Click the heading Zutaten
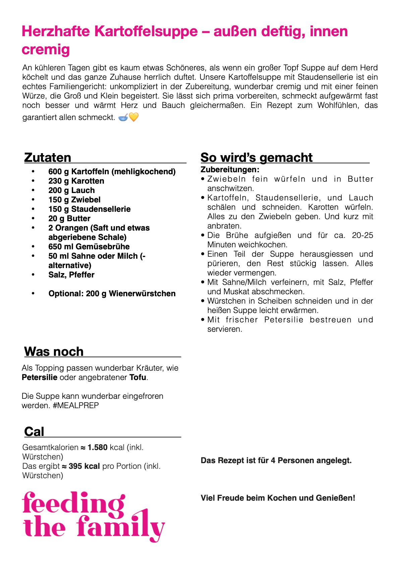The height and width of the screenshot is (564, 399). [x=48, y=158]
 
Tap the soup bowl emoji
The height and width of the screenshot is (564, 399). [x=123, y=117]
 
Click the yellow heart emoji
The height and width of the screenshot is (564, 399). [x=134, y=117]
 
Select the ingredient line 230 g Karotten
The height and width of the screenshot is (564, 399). [x=76, y=181]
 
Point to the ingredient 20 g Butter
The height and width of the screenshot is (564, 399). [x=69, y=218]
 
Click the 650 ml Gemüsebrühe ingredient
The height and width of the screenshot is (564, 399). [x=89, y=247]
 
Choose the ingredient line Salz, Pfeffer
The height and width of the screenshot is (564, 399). [x=71, y=275]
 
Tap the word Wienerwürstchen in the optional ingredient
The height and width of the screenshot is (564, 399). [x=142, y=294]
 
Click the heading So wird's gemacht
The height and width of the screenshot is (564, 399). [x=256, y=158]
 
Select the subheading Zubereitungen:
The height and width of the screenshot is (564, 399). [x=230, y=170]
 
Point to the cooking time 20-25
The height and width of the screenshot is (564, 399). [x=362, y=235]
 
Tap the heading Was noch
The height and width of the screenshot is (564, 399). [x=54, y=352]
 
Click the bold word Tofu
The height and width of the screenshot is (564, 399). [x=138, y=377]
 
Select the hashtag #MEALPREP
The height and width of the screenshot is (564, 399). [x=76, y=405]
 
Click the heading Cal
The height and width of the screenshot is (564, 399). [x=34, y=432]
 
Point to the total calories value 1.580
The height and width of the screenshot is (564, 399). [x=97, y=447]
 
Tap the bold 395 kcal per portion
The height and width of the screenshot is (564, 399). [x=84, y=466]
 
